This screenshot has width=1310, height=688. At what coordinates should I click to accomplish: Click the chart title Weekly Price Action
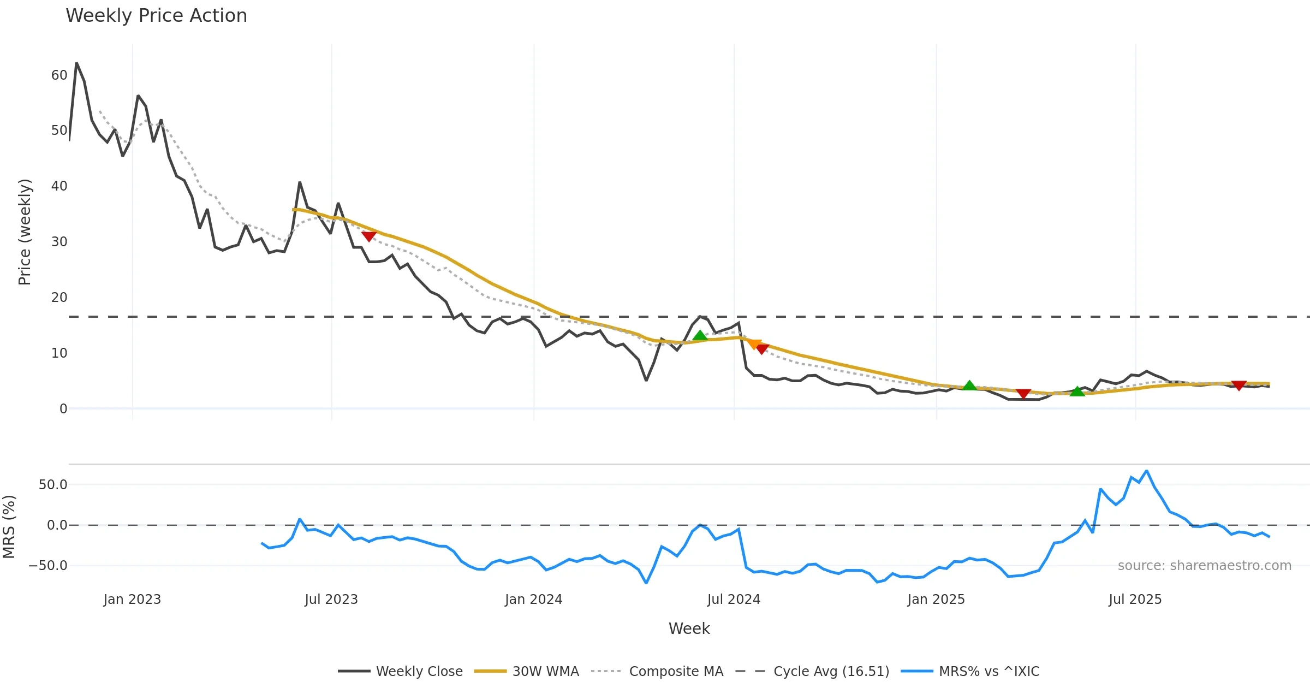tap(156, 16)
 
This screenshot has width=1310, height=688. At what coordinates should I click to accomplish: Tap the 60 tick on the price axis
tap(59, 75)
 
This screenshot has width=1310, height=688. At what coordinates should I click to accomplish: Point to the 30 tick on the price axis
tap(59, 242)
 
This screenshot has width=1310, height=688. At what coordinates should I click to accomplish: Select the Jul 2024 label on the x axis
tap(734, 600)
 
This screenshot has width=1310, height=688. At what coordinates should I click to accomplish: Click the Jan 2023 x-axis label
tap(132, 600)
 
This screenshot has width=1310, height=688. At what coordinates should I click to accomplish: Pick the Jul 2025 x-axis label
tap(1135, 600)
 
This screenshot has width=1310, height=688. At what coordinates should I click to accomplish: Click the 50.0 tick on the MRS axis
tap(53, 485)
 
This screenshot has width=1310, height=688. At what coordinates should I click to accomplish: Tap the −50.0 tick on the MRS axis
tap(48, 566)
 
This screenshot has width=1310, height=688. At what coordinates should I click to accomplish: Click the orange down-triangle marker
tap(754, 344)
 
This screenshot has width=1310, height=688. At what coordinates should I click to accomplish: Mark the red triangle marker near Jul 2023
tap(369, 236)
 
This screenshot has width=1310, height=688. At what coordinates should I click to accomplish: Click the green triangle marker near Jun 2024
tap(700, 335)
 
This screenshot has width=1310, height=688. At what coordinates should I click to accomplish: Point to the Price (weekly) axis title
tap(25, 232)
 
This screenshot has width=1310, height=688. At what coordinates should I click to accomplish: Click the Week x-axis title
tap(689, 628)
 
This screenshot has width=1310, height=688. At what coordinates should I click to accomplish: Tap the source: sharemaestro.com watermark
tap(1204, 566)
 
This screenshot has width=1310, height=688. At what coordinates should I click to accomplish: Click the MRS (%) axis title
tap(9, 526)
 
